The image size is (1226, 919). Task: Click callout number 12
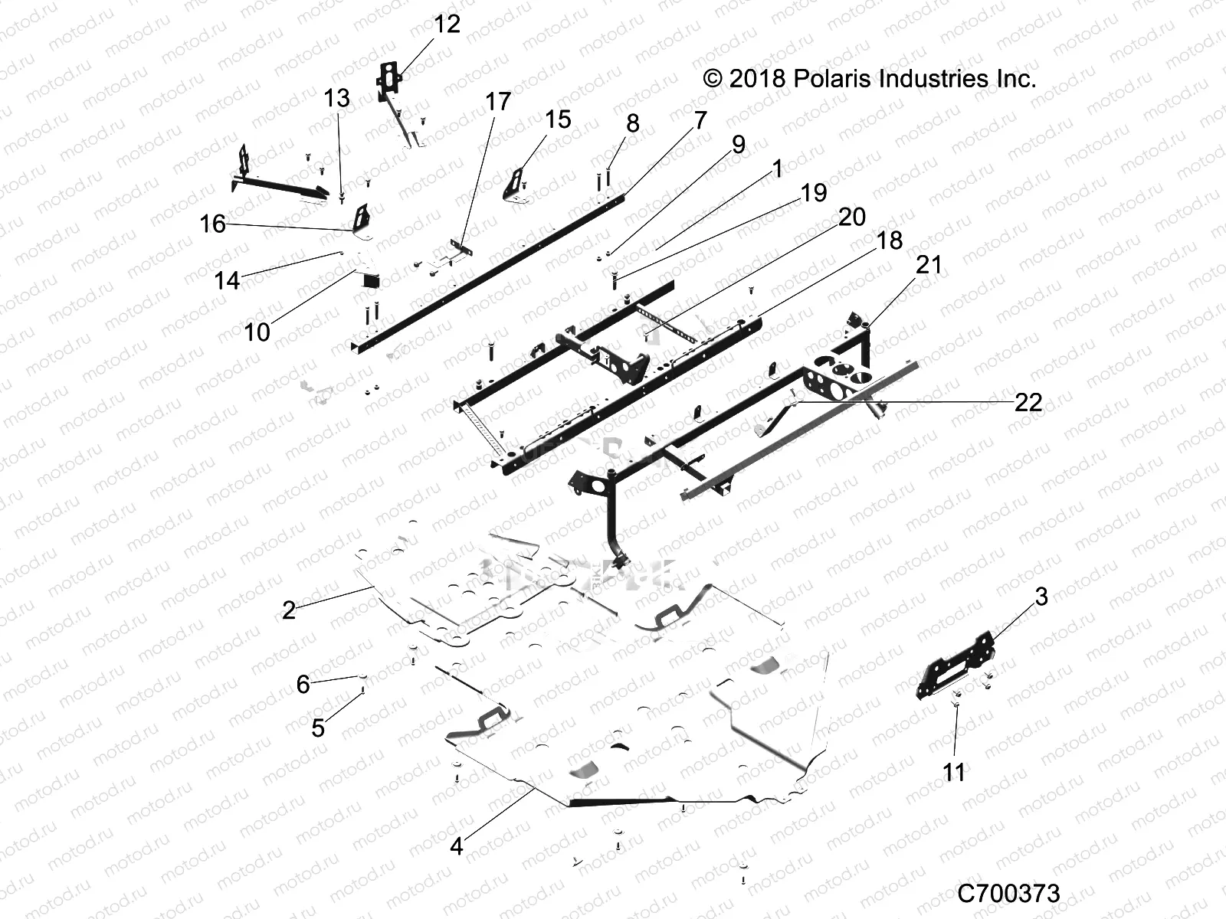click(447, 25)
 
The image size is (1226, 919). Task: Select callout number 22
click(1028, 402)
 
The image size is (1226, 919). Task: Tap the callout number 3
click(1041, 597)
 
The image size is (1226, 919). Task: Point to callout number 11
click(954, 773)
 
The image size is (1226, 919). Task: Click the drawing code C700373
click(1008, 893)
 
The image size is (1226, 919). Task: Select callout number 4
click(457, 846)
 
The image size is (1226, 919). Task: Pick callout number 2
click(288, 610)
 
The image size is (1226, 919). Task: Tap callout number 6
click(303, 684)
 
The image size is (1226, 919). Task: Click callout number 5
click(319, 728)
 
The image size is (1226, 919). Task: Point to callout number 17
click(498, 102)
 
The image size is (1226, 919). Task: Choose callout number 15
click(558, 119)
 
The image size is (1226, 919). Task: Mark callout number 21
click(929, 265)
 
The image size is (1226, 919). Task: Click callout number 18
click(889, 240)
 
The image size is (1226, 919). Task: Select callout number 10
click(257, 332)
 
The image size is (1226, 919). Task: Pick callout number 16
click(213, 224)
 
